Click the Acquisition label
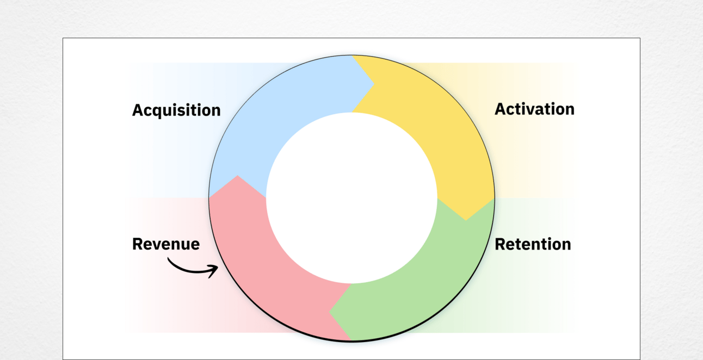[x=176, y=110]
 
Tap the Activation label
[x=534, y=109]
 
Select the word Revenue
[x=166, y=244]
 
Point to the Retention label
[x=533, y=244]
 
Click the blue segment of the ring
[x=282, y=103]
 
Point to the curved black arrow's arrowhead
[x=215, y=270]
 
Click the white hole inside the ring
[x=351, y=198]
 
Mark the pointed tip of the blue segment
[x=374, y=84]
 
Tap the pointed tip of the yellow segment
[x=466, y=220]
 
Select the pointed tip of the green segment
[x=329, y=312]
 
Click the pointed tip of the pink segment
[x=238, y=176]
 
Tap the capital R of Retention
[x=500, y=244]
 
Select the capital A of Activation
[x=500, y=109]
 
